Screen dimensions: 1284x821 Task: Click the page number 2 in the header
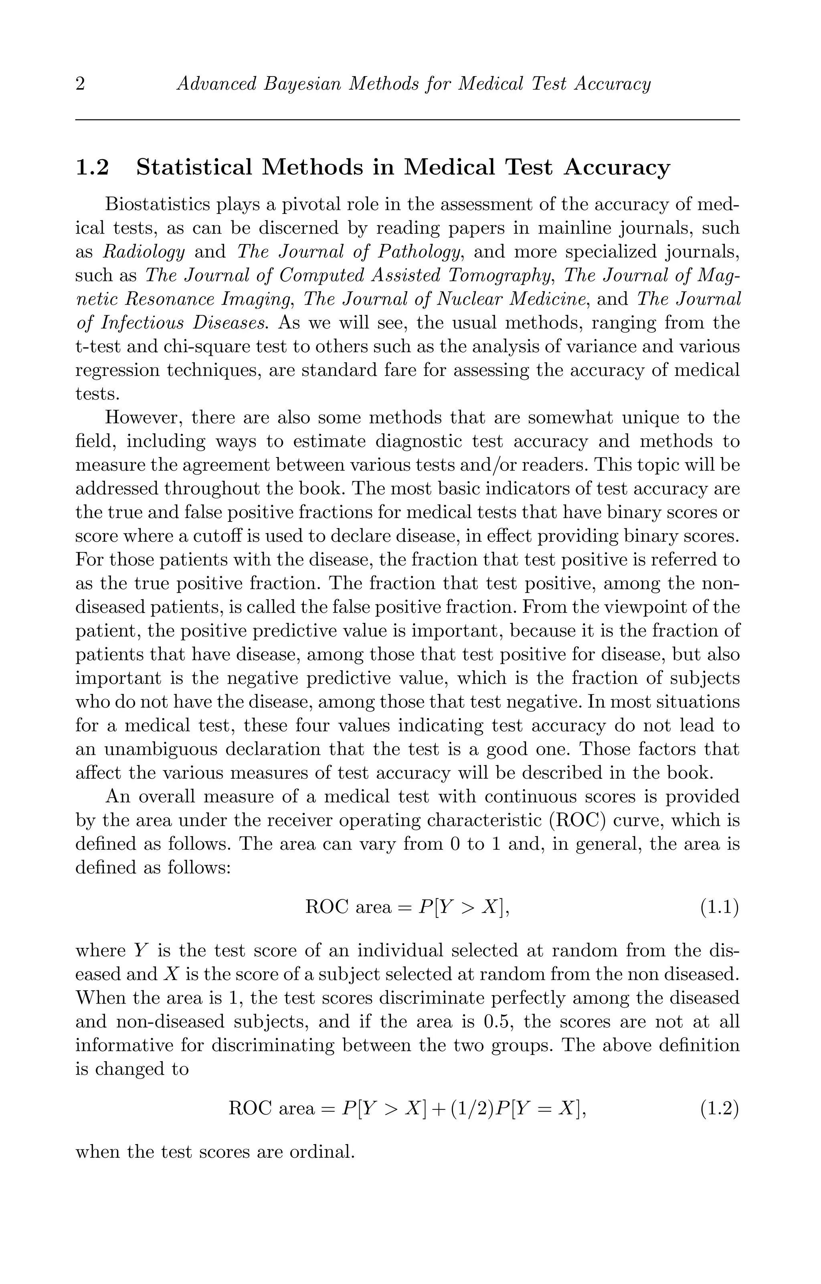coord(80,84)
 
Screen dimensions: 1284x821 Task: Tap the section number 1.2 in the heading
coord(92,167)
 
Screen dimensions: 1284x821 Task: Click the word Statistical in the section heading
coord(194,167)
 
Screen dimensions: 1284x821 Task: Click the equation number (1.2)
coord(720,1109)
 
